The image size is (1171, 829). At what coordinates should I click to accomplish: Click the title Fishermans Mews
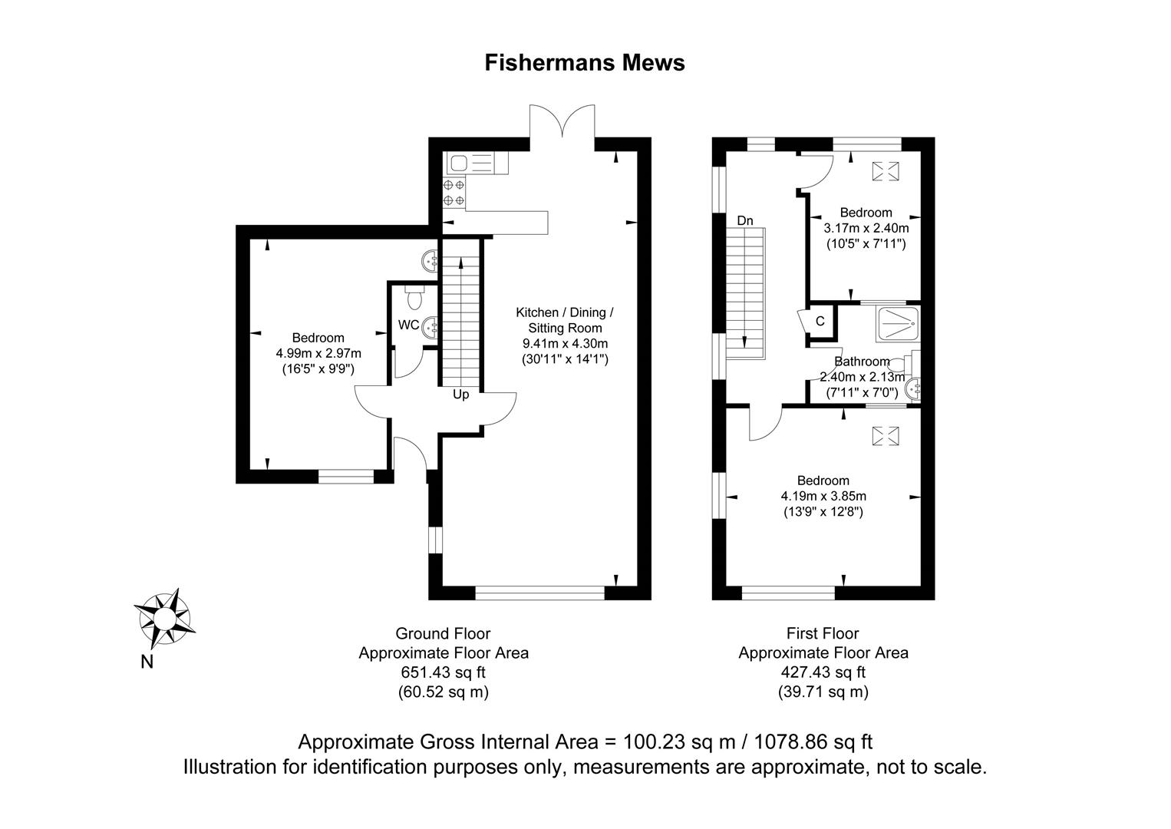[x=585, y=63]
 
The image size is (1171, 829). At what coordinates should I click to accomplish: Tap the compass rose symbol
[x=165, y=619]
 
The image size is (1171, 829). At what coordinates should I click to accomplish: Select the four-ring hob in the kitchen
[x=454, y=192]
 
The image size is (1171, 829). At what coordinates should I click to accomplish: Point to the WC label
[x=408, y=325]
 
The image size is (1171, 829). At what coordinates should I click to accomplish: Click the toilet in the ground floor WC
[x=414, y=298]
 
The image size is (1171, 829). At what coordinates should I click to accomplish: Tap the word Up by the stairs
[x=460, y=395]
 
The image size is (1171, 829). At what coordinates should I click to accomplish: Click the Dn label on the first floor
[x=745, y=221]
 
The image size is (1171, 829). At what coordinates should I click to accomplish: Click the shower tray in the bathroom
[x=898, y=324]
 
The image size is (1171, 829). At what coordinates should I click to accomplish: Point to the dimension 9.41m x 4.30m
[x=565, y=344]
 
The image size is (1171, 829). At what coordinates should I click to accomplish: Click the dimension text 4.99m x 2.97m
[x=318, y=354]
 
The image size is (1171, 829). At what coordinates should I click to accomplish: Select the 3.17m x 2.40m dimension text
[x=866, y=228]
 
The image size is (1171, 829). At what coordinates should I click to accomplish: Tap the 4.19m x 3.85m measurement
[x=823, y=496]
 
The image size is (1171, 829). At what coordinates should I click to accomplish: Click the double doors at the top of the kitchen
[x=562, y=121]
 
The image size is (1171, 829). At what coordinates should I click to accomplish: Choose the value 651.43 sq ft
[x=444, y=672]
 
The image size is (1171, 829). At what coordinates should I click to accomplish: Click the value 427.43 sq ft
[x=823, y=672]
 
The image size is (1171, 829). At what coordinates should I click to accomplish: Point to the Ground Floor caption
[x=443, y=633]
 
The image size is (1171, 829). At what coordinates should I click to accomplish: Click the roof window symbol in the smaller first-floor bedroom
[x=886, y=171]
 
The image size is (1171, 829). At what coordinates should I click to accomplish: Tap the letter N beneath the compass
[x=147, y=662]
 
